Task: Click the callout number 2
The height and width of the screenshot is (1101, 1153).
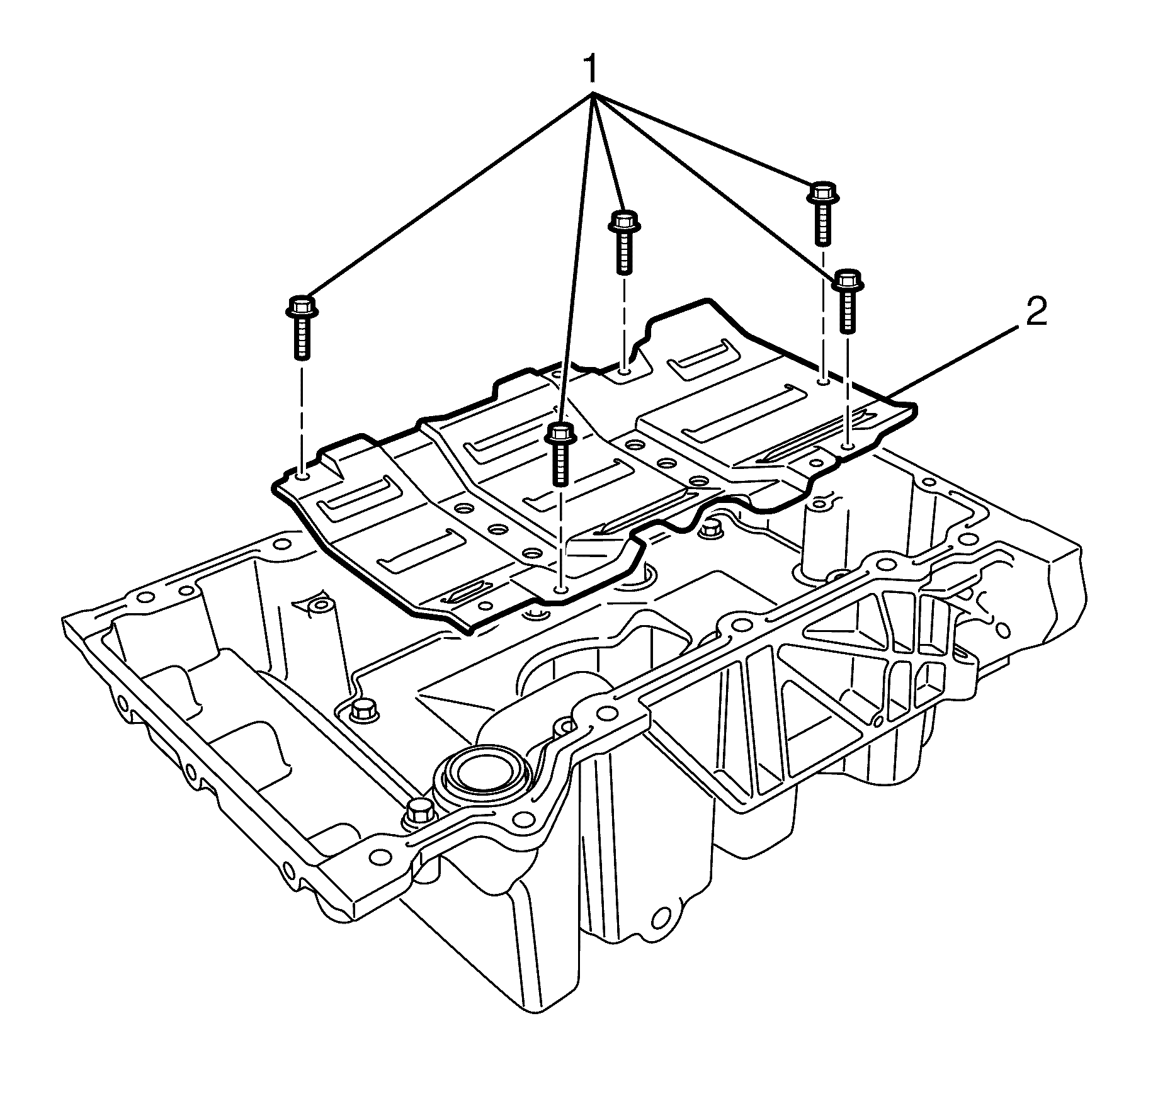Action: pyautogui.click(x=1036, y=313)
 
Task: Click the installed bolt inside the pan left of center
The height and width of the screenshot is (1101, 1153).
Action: pyautogui.click(x=361, y=711)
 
